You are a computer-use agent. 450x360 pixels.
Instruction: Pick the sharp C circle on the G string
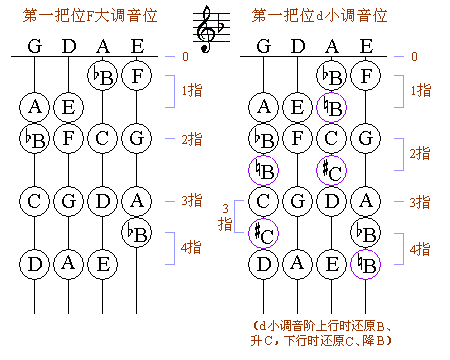264,234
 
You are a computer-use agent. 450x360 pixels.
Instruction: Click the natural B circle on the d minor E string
367,265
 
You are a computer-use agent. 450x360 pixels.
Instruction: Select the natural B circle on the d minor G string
264,171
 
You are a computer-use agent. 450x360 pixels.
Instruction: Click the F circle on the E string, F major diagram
137,75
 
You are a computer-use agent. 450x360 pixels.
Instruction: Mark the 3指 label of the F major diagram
191,201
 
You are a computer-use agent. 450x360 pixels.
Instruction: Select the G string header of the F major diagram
35,45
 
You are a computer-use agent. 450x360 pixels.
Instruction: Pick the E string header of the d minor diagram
367,45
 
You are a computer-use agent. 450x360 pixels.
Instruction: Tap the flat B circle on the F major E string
137,234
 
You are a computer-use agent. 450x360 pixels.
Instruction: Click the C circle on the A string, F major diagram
102,138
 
